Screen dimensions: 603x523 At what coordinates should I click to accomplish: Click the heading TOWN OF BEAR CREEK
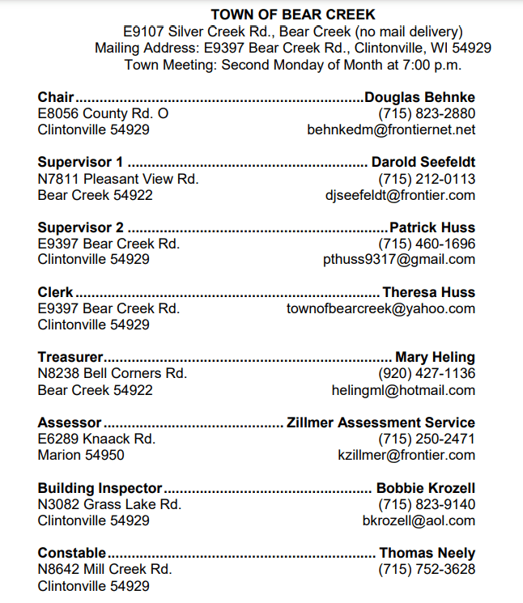coord(292,15)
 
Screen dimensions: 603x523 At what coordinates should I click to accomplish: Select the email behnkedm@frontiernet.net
coord(391,130)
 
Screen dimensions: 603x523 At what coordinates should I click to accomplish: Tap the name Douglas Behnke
coord(420,97)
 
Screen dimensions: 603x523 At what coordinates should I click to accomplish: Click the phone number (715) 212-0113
coord(427,179)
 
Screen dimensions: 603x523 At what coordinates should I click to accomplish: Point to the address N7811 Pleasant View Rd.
coord(118,179)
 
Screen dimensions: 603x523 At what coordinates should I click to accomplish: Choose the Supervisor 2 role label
coord(81,227)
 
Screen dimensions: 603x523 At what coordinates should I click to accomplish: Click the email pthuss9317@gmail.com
coord(399,260)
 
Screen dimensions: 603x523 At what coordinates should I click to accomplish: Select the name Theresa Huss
coord(429,292)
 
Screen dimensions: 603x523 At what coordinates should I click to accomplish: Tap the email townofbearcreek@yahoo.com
coord(381,308)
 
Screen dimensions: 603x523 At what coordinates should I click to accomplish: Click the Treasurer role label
coord(70,357)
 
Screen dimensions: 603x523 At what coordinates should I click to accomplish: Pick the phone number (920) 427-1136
coord(427,373)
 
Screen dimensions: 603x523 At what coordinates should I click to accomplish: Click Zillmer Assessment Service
coord(381,423)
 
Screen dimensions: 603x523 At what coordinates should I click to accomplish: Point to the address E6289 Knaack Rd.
coord(96,439)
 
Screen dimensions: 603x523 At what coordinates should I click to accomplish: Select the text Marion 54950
coord(81,455)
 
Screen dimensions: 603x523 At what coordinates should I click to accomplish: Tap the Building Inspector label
coord(100,488)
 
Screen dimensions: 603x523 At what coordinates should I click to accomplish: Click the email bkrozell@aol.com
coord(419,520)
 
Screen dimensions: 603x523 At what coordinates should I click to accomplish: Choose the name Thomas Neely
coord(427,554)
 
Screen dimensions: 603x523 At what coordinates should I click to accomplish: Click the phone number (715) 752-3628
coord(427,569)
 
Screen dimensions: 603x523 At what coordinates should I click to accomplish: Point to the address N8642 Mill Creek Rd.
coord(104,569)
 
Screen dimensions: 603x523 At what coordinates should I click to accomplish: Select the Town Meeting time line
coord(292,65)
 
